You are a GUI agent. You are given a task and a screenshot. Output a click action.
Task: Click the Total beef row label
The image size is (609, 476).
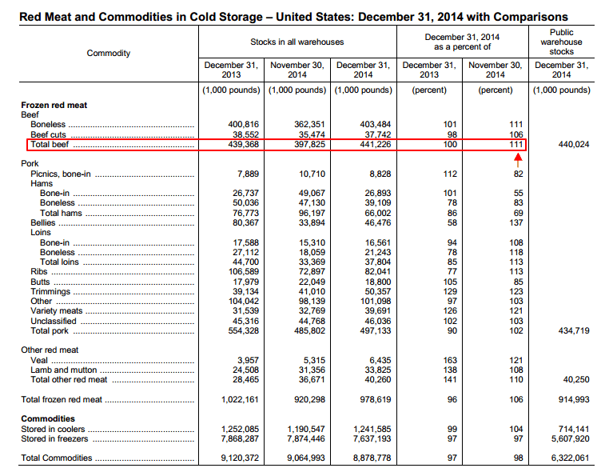click(50, 145)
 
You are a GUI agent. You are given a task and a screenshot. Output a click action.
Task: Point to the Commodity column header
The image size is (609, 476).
click(109, 53)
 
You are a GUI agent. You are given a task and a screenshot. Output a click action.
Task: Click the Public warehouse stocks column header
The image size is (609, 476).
click(561, 42)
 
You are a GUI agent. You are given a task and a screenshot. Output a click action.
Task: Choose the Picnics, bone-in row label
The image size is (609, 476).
click(61, 174)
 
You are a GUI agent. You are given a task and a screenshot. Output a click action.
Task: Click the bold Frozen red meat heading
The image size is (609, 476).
click(54, 105)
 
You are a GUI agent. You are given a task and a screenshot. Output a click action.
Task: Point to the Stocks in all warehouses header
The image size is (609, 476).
click(297, 41)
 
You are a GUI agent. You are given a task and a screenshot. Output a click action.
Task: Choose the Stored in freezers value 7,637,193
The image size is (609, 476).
click(365, 438)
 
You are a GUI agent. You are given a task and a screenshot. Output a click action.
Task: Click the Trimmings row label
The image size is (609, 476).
click(49, 292)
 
